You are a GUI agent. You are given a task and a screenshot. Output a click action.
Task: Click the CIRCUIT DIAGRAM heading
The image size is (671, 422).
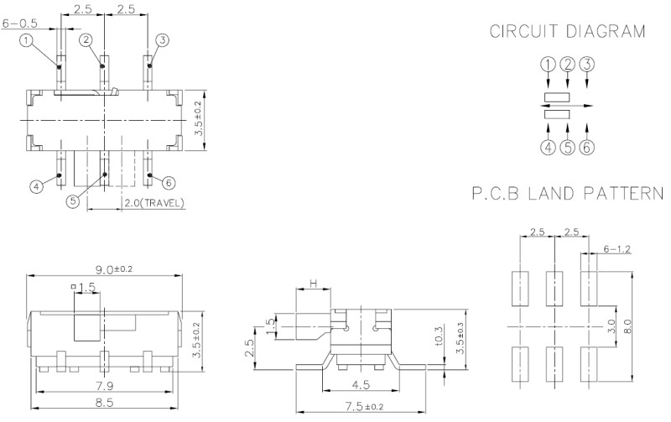568,32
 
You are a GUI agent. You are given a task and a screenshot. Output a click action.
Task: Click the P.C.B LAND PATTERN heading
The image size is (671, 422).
566,195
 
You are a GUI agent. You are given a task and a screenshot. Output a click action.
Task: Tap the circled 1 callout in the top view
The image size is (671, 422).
27,39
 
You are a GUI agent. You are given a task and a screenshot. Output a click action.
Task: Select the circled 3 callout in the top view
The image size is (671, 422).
162,39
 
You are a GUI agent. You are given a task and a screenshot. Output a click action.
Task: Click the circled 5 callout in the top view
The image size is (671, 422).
72,201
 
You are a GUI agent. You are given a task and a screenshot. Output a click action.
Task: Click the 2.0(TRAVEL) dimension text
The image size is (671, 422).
153,204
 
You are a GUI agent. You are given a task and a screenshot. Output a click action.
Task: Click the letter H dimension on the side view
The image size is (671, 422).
313,285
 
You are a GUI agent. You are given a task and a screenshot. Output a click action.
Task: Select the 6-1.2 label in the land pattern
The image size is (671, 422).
616,249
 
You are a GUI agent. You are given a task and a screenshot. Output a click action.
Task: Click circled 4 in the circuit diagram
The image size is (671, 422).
548,147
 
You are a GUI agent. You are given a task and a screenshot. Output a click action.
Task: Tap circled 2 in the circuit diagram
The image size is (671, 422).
568,64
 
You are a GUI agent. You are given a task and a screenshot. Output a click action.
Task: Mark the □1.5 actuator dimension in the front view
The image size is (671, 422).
86,288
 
